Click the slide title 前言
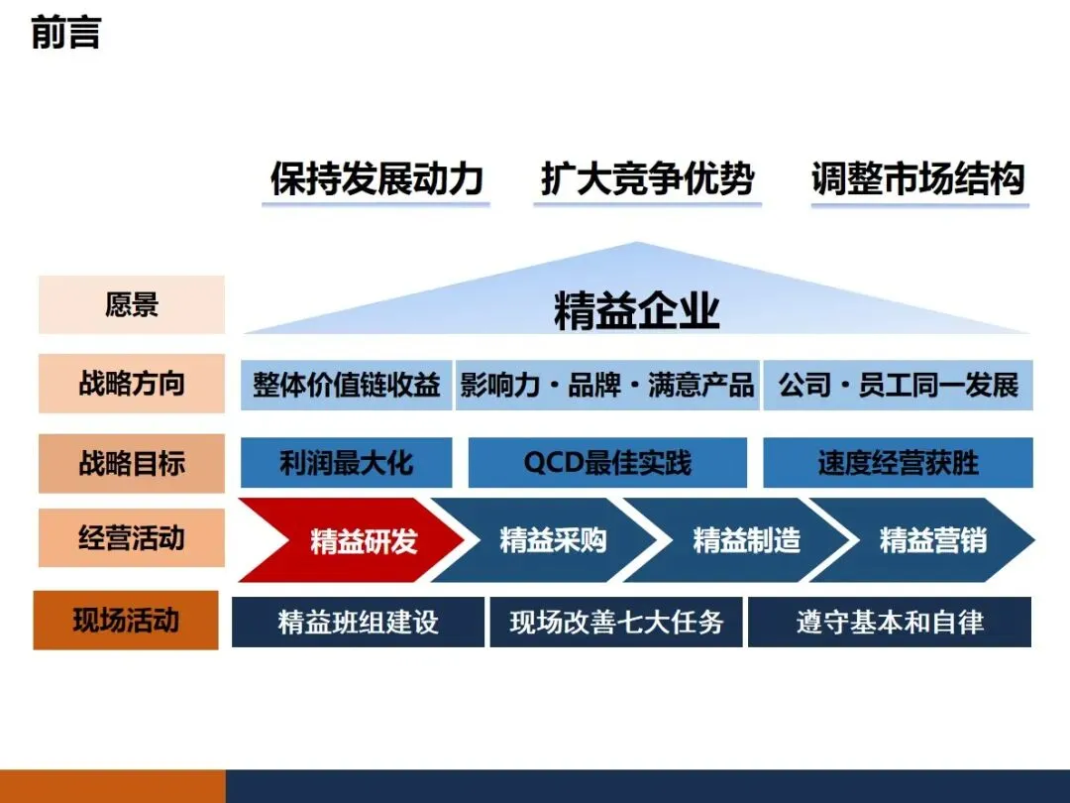click(65, 33)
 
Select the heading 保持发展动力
click(376, 179)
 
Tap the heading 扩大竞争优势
click(647, 179)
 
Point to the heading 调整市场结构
click(918, 179)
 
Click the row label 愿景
click(132, 304)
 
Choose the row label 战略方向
click(132, 384)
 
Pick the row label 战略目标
click(132, 463)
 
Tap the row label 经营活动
click(132, 538)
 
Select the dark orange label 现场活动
click(126, 621)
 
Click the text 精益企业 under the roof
click(637, 311)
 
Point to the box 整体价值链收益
click(346, 385)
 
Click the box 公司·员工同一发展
click(898, 385)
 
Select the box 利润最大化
click(346, 463)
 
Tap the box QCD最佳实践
click(607, 463)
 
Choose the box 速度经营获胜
click(898, 463)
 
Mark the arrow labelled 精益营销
click(931, 541)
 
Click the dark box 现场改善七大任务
click(616, 623)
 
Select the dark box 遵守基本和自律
click(890, 623)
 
